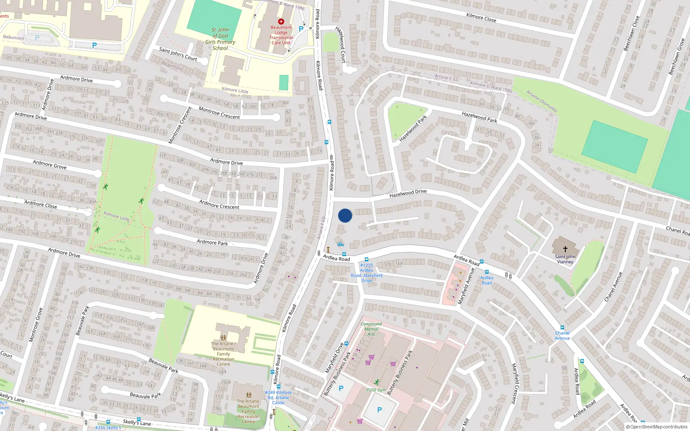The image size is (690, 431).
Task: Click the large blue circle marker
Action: point(345,215)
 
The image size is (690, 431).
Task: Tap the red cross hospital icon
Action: point(281,21)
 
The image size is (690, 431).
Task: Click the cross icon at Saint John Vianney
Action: point(565,249)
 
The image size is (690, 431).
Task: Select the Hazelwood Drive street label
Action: point(408,194)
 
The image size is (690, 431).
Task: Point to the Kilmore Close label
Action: point(481,18)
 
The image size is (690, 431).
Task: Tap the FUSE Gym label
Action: point(376,390)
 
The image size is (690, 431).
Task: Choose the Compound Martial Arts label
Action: point(371,329)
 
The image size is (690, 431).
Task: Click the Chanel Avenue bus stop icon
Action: point(562,328)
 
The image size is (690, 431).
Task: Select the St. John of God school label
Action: point(220,39)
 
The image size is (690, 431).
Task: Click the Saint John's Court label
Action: point(178,54)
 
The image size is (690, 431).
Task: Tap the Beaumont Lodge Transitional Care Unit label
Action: point(281,35)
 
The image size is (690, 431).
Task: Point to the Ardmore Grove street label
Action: point(50,164)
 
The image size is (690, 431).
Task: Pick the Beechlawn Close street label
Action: point(631,34)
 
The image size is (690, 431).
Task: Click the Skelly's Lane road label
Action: point(137,422)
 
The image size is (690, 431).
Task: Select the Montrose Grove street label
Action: point(36,325)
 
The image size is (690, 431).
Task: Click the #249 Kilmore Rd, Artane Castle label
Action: point(278,397)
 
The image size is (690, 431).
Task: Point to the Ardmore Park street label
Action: point(212,242)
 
